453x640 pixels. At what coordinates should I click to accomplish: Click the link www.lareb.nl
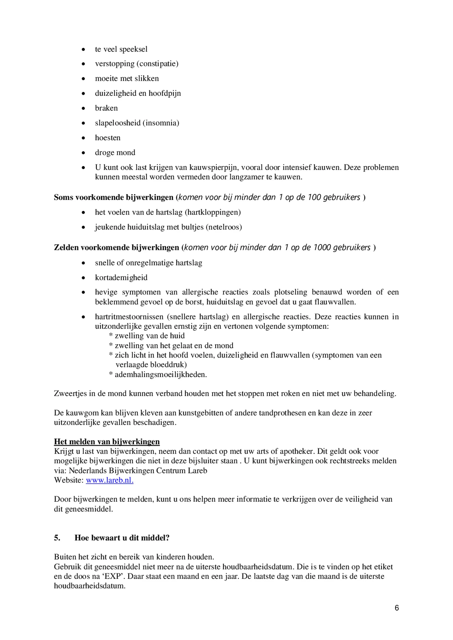tap(109, 480)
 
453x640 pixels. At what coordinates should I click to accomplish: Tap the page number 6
tap(397, 608)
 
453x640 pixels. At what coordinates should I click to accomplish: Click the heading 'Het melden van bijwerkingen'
tap(107, 442)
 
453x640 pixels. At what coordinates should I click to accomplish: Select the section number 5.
tap(57, 538)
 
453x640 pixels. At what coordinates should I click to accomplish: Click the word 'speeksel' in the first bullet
tap(136, 49)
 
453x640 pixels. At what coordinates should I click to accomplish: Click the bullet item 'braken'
tap(106, 108)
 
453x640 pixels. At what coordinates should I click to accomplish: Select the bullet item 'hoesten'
tap(108, 138)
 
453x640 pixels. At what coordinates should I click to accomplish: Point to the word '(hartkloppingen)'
tap(213, 212)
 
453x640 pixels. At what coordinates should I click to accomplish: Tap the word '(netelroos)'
tap(224, 227)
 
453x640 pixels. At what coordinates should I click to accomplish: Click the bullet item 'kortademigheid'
tap(121, 278)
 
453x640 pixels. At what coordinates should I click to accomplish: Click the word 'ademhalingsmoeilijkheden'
tap(160, 375)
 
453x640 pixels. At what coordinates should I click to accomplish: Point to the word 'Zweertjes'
tap(70, 394)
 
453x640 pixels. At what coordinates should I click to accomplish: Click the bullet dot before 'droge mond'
tap(83, 153)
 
